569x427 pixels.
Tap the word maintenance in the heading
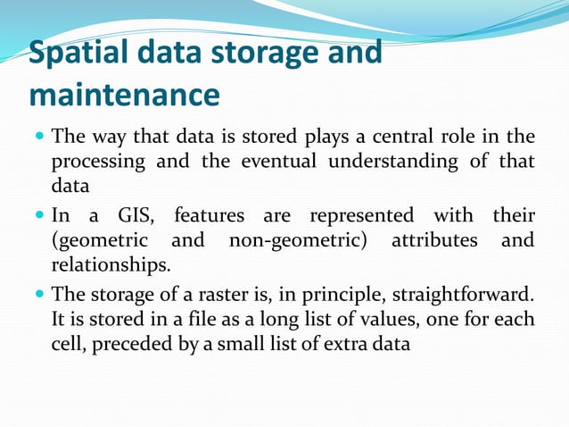pos(124,94)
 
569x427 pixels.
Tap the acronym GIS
pos(134,215)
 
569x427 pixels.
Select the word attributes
pos(433,240)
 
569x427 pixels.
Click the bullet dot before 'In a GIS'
pos(39,216)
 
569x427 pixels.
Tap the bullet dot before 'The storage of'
pos(39,294)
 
